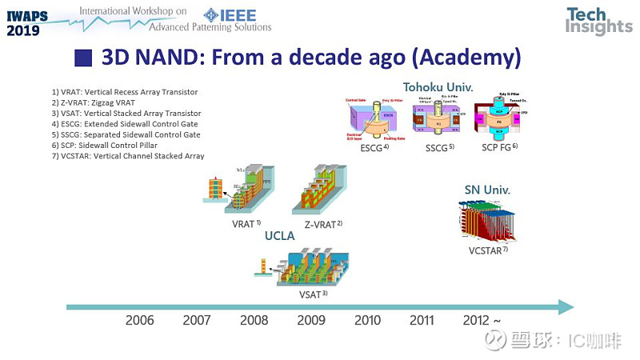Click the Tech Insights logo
click(598, 22)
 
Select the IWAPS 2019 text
click(28, 21)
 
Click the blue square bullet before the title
click(82, 58)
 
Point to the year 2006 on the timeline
click(140, 321)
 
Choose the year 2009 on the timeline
click(310, 321)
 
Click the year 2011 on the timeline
click(422, 321)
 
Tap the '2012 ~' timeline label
click(482, 321)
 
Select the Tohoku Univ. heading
click(438, 86)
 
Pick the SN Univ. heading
click(487, 190)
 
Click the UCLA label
click(281, 236)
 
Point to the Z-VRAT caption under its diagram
click(324, 224)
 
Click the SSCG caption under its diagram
click(439, 146)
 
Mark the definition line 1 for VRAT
click(124, 93)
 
